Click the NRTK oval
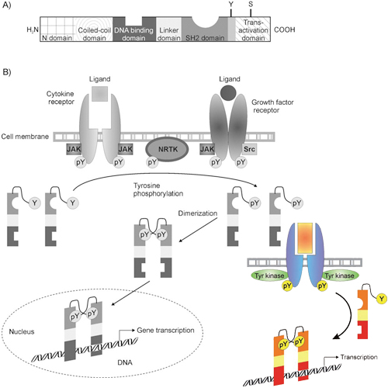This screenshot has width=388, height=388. coord(168,149)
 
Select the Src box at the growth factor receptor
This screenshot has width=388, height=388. coord(249,149)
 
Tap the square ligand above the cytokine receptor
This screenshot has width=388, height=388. coord(100,93)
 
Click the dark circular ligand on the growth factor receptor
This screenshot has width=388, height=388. coord(228,92)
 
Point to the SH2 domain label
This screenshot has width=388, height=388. coord(205,38)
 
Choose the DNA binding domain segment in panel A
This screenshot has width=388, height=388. coord(134,29)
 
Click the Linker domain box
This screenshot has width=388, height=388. coord(168,29)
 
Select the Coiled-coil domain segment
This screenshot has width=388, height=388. coord(93,29)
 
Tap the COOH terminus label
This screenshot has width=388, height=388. coord(285,29)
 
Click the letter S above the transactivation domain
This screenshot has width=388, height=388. coord(251,4)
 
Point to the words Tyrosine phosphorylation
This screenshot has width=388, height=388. coord(158,189)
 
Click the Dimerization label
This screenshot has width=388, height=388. coord(198,213)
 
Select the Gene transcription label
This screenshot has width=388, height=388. coord(165,331)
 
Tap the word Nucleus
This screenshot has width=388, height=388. coord(22,331)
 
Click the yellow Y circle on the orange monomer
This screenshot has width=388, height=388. coord(382,299)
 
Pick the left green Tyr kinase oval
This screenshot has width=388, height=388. coord(269,275)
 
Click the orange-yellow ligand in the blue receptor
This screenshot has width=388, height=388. coord(305,238)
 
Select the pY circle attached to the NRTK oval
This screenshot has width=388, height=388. coord(152,162)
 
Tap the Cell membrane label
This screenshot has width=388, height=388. coord(25,137)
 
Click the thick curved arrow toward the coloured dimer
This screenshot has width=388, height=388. coord(350,316)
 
